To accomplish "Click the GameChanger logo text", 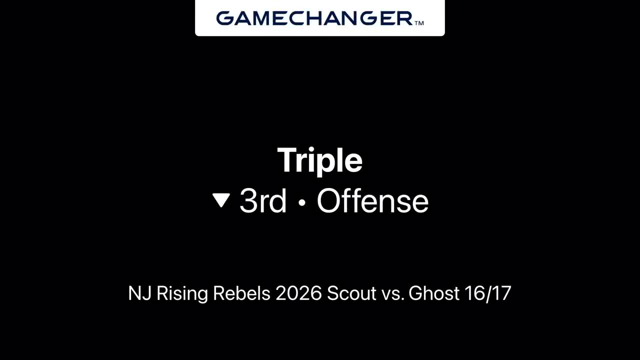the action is (x=314, y=18).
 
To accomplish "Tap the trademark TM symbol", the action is (x=419, y=23).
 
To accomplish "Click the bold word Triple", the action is (x=319, y=160).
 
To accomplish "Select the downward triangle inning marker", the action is (x=221, y=200).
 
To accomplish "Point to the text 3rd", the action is (x=263, y=201).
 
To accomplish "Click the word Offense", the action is (x=372, y=200).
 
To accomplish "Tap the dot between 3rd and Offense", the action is (x=301, y=202).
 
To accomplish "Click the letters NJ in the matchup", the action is (x=139, y=293).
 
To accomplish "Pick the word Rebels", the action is (x=241, y=293).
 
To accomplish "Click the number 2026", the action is (x=298, y=293).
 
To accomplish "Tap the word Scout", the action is (x=351, y=293).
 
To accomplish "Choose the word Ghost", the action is (x=433, y=293).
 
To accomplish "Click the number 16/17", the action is (x=488, y=293).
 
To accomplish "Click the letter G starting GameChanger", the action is (x=225, y=18).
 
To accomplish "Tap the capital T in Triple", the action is (x=287, y=159).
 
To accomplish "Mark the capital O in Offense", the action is (x=329, y=201).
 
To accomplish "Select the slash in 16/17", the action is (x=488, y=293).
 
